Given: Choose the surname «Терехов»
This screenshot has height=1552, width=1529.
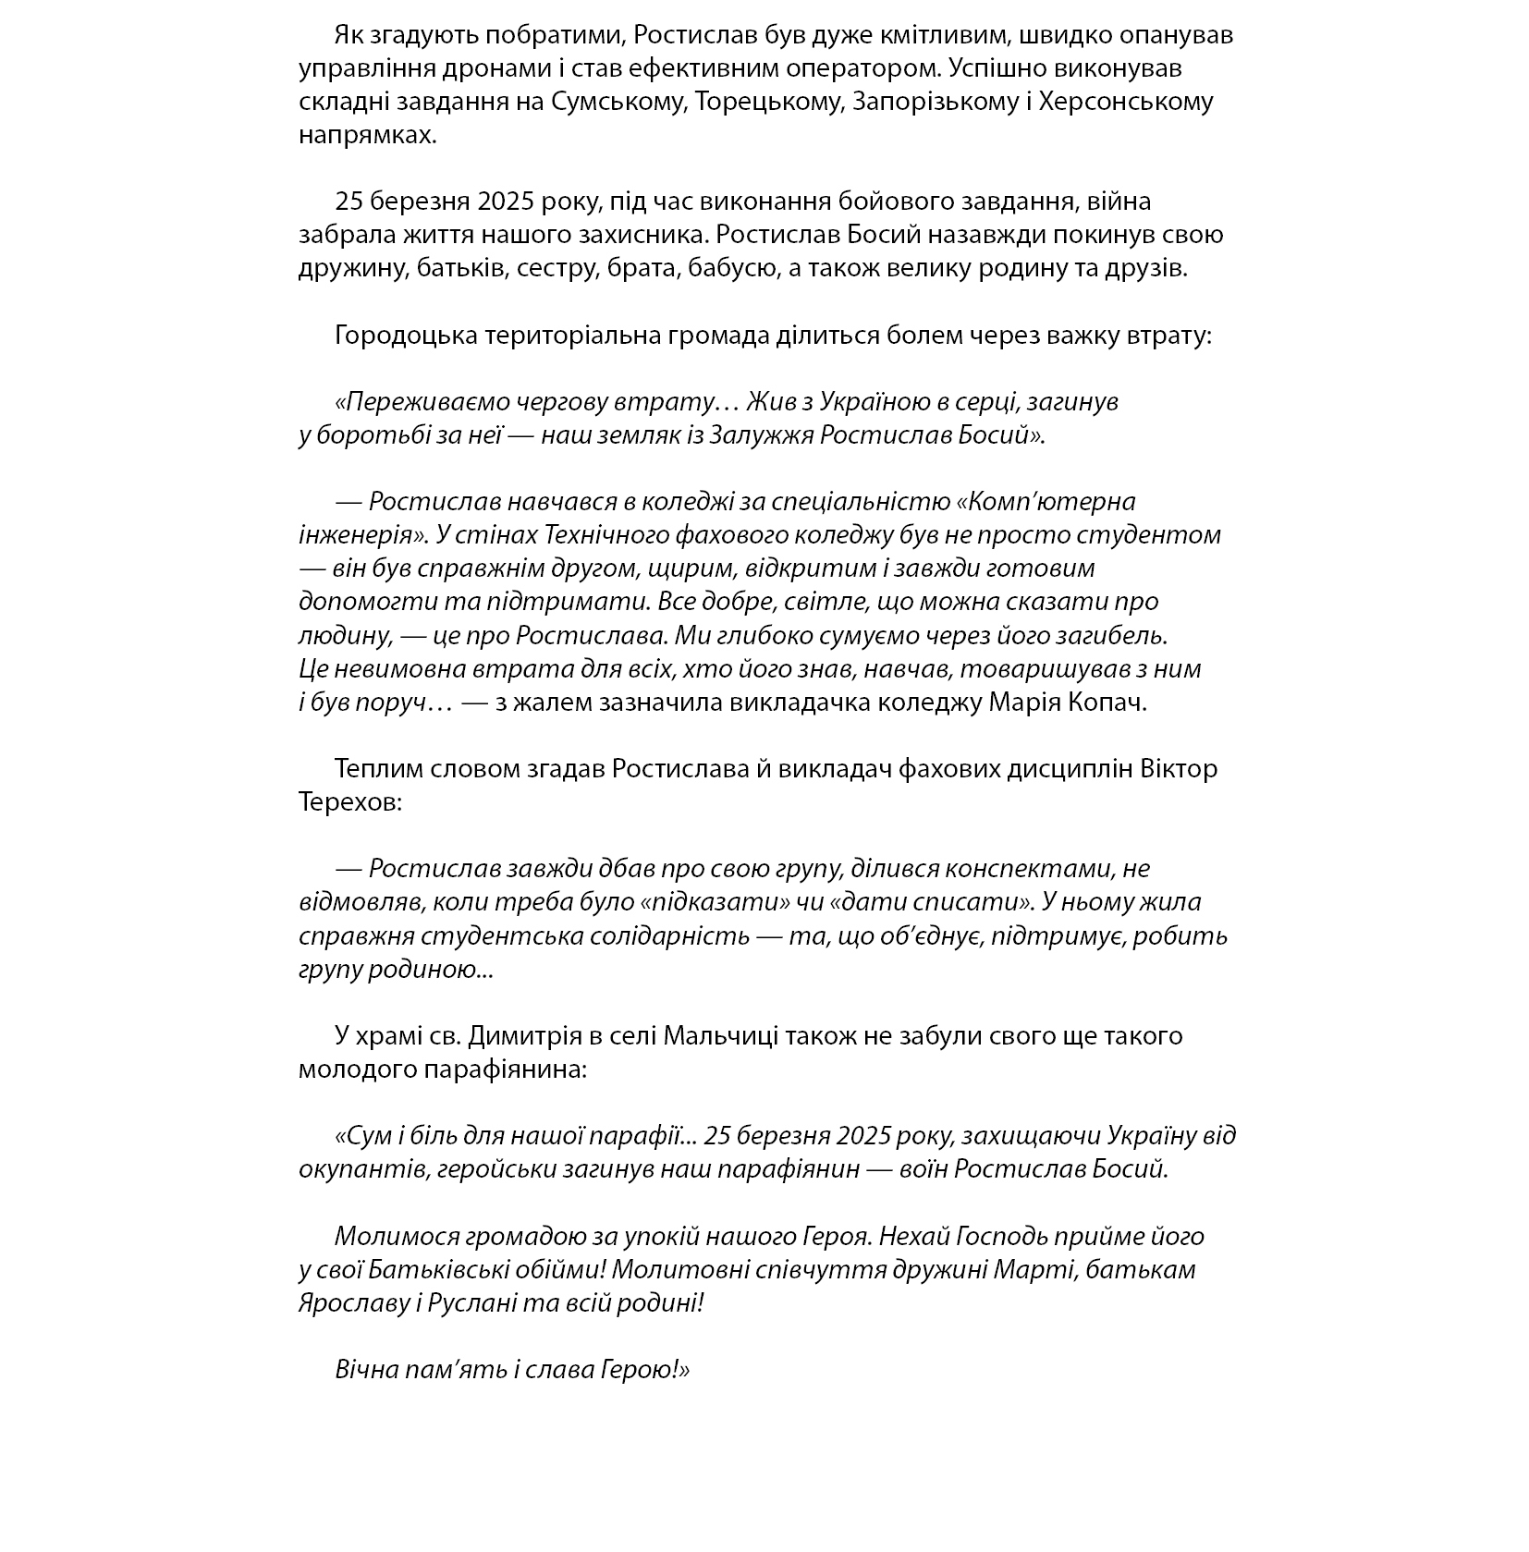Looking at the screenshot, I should [350, 801].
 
